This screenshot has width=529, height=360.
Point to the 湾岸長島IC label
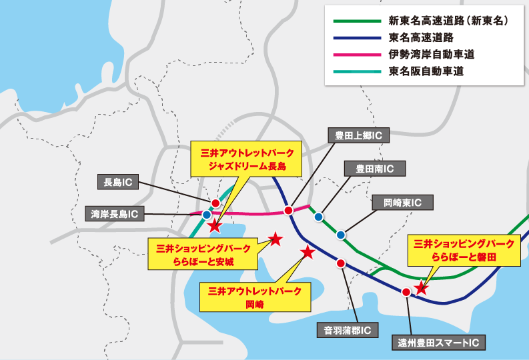coord(115,214)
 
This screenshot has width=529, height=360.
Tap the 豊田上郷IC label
coord(358,136)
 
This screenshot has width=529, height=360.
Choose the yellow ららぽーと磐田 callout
coord(464,250)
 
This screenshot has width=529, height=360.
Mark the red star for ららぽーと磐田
coord(421,289)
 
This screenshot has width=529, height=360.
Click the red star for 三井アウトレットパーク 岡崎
coord(308,252)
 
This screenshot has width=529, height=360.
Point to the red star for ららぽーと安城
coord(275,239)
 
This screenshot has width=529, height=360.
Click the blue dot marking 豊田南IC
coord(319,217)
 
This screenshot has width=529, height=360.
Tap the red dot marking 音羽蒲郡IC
coord(341,263)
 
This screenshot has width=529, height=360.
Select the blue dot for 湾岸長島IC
coord(207,215)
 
